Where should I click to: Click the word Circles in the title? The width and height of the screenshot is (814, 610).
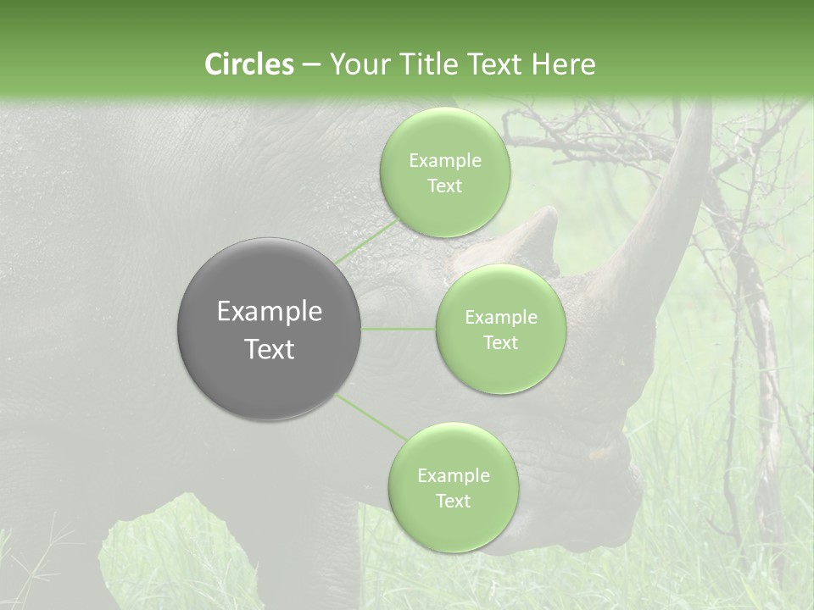click(248, 64)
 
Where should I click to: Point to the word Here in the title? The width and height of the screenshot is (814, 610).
click(563, 64)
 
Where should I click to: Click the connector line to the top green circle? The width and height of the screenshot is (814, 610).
click(365, 239)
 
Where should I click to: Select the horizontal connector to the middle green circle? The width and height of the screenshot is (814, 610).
click(399, 329)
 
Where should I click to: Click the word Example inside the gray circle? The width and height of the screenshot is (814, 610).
click(269, 312)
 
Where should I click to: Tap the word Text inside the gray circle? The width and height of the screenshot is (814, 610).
click(269, 349)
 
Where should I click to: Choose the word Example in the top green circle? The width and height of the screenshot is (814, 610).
click(445, 161)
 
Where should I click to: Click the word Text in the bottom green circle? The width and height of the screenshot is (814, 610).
click(453, 502)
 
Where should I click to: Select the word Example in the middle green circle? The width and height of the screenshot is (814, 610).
click(500, 318)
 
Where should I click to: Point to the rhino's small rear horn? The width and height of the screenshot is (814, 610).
click(534, 229)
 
